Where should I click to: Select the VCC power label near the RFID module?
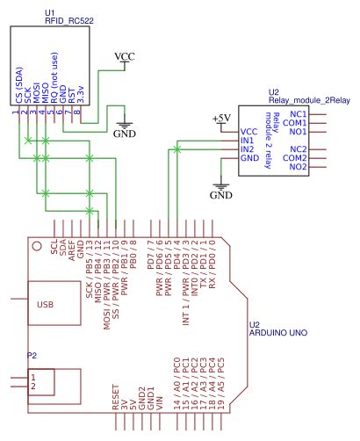pos(126,57)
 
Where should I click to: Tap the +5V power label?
pos(221,118)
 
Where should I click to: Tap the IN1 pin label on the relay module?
pos(248,141)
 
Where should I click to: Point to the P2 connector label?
pos(32,355)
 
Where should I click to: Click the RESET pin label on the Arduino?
pos(116,397)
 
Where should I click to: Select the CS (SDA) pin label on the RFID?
pos(18,91)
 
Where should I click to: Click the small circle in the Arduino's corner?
pos(36,246)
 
